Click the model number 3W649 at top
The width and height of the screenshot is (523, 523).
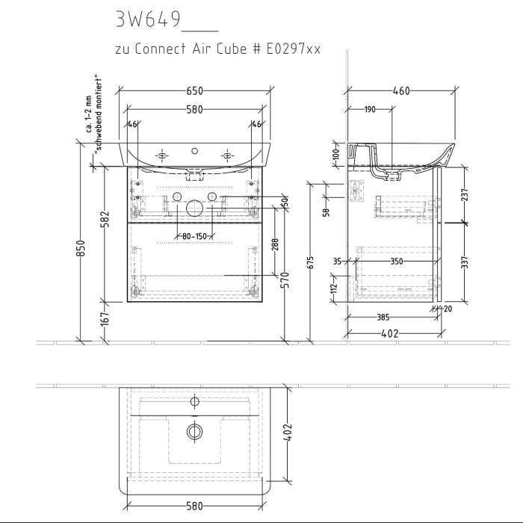[148, 19]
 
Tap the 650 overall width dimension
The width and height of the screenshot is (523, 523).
[194, 91]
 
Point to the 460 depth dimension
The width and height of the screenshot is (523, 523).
[401, 91]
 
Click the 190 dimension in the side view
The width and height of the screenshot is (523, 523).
[370, 110]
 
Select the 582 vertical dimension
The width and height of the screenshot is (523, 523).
[105, 218]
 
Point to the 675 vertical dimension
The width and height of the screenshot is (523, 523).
[310, 261]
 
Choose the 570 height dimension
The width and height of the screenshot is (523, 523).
[284, 281]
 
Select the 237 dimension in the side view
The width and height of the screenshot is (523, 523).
[464, 194]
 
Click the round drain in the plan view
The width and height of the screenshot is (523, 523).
[194, 431]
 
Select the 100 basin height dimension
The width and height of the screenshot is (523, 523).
[335, 154]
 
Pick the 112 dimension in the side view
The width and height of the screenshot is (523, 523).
[335, 285]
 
